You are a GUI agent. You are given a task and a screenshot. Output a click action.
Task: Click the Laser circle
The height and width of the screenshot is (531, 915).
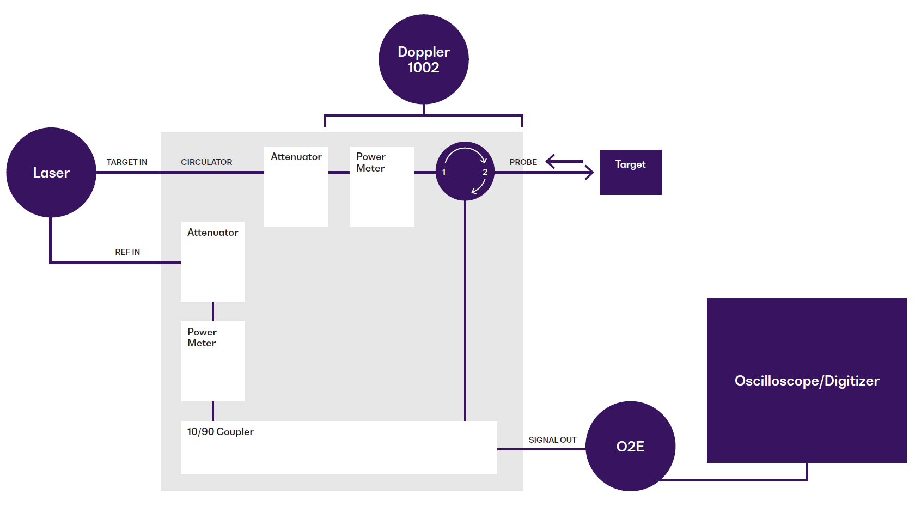51,173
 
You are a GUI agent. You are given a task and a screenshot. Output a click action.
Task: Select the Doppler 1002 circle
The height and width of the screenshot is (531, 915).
424,59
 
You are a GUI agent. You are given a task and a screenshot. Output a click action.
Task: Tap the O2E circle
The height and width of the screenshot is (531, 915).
630,447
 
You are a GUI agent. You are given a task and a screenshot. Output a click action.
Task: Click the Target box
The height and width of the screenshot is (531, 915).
630,172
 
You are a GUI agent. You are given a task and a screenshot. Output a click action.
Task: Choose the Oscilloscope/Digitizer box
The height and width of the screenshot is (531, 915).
807,380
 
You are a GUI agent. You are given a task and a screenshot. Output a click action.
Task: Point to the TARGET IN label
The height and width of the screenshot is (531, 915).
127,162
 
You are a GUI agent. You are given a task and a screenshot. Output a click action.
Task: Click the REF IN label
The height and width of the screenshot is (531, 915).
127,252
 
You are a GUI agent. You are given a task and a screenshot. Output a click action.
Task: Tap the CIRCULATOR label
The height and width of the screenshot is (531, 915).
206,162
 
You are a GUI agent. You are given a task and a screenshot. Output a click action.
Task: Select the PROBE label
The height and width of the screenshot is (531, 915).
523,162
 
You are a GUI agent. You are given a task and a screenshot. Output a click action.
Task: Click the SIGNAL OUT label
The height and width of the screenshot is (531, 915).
552,440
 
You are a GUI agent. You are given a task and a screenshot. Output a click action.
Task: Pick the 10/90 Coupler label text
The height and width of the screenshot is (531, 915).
221,432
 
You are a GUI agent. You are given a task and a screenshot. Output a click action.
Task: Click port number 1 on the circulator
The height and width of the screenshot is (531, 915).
444,172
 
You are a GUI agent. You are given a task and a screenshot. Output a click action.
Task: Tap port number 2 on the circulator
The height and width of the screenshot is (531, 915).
485,172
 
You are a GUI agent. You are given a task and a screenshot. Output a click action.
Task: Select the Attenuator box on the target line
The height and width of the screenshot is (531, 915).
296,186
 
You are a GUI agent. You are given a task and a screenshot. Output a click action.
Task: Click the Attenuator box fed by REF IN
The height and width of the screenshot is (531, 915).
213,261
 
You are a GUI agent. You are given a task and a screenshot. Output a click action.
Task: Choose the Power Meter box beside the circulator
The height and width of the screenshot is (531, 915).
382,186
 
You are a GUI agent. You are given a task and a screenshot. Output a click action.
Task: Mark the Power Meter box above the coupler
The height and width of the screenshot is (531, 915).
213,361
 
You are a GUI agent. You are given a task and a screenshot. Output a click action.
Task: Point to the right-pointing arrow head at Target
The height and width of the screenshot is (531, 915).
590,173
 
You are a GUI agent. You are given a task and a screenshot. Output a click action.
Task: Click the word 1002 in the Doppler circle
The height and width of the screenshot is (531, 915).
423,68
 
